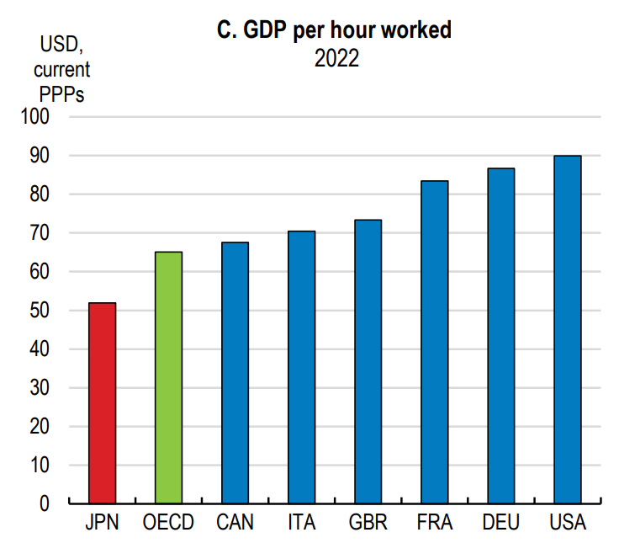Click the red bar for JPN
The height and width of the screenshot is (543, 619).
click(102, 402)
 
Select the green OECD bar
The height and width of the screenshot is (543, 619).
click(168, 377)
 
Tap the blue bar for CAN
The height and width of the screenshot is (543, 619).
click(235, 372)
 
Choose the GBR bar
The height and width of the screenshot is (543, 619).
click(368, 361)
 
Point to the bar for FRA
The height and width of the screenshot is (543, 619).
click(434, 342)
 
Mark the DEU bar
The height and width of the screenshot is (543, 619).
click(500, 335)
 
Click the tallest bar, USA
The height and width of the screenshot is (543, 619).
click(567, 329)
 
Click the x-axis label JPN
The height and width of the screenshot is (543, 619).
click(102, 523)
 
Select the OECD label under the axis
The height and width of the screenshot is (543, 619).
click(168, 523)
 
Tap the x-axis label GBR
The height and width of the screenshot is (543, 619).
click(368, 523)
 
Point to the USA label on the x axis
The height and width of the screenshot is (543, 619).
click(567, 523)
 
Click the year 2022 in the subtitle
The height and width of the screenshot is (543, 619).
click(336, 59)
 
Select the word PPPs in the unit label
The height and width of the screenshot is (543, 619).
click(61, 93)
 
